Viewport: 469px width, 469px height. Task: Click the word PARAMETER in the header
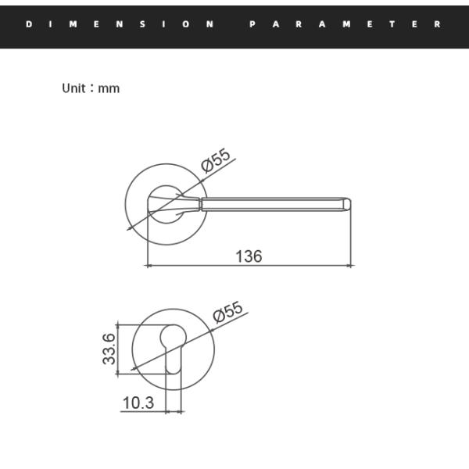click(345, 24)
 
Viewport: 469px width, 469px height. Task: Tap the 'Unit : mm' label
click(91, 88)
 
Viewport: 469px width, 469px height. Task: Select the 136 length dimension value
click(249, 256)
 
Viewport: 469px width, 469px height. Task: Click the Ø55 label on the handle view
click(217, 159)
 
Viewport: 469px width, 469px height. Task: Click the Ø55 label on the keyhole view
click(228, 313)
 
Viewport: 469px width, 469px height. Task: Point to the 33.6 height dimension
click(109, 349)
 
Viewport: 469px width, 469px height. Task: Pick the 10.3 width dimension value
click(138, 403)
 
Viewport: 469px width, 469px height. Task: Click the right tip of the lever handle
click(349, 205)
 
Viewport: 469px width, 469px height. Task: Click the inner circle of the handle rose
click(165, 205)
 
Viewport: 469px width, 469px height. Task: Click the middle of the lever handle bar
click(274, 205)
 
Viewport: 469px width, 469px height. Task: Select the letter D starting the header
click(29, 24)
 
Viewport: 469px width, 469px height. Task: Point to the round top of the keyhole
click(175, 337)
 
